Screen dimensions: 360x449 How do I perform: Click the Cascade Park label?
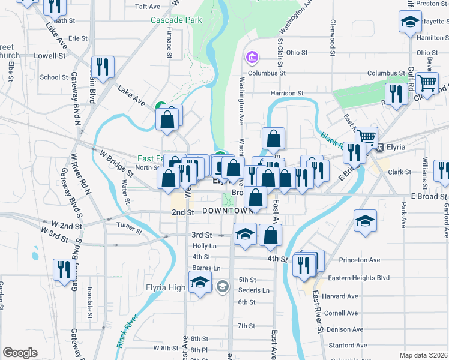coord(176,20)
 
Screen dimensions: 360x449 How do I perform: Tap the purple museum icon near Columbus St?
coord(252,58)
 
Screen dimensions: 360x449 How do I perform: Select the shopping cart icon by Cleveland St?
coord(427,82)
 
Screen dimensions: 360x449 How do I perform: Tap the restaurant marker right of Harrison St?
coord(396,94)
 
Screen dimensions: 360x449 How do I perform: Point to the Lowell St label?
coord(50,55)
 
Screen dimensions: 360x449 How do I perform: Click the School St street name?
coord(54,77)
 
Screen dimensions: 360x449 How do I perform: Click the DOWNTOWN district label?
coord(228,211)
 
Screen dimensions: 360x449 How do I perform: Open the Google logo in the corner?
coord(20,353)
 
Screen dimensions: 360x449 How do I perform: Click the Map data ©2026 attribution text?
coord(423,355)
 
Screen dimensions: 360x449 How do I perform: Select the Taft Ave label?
coord(148,7)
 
